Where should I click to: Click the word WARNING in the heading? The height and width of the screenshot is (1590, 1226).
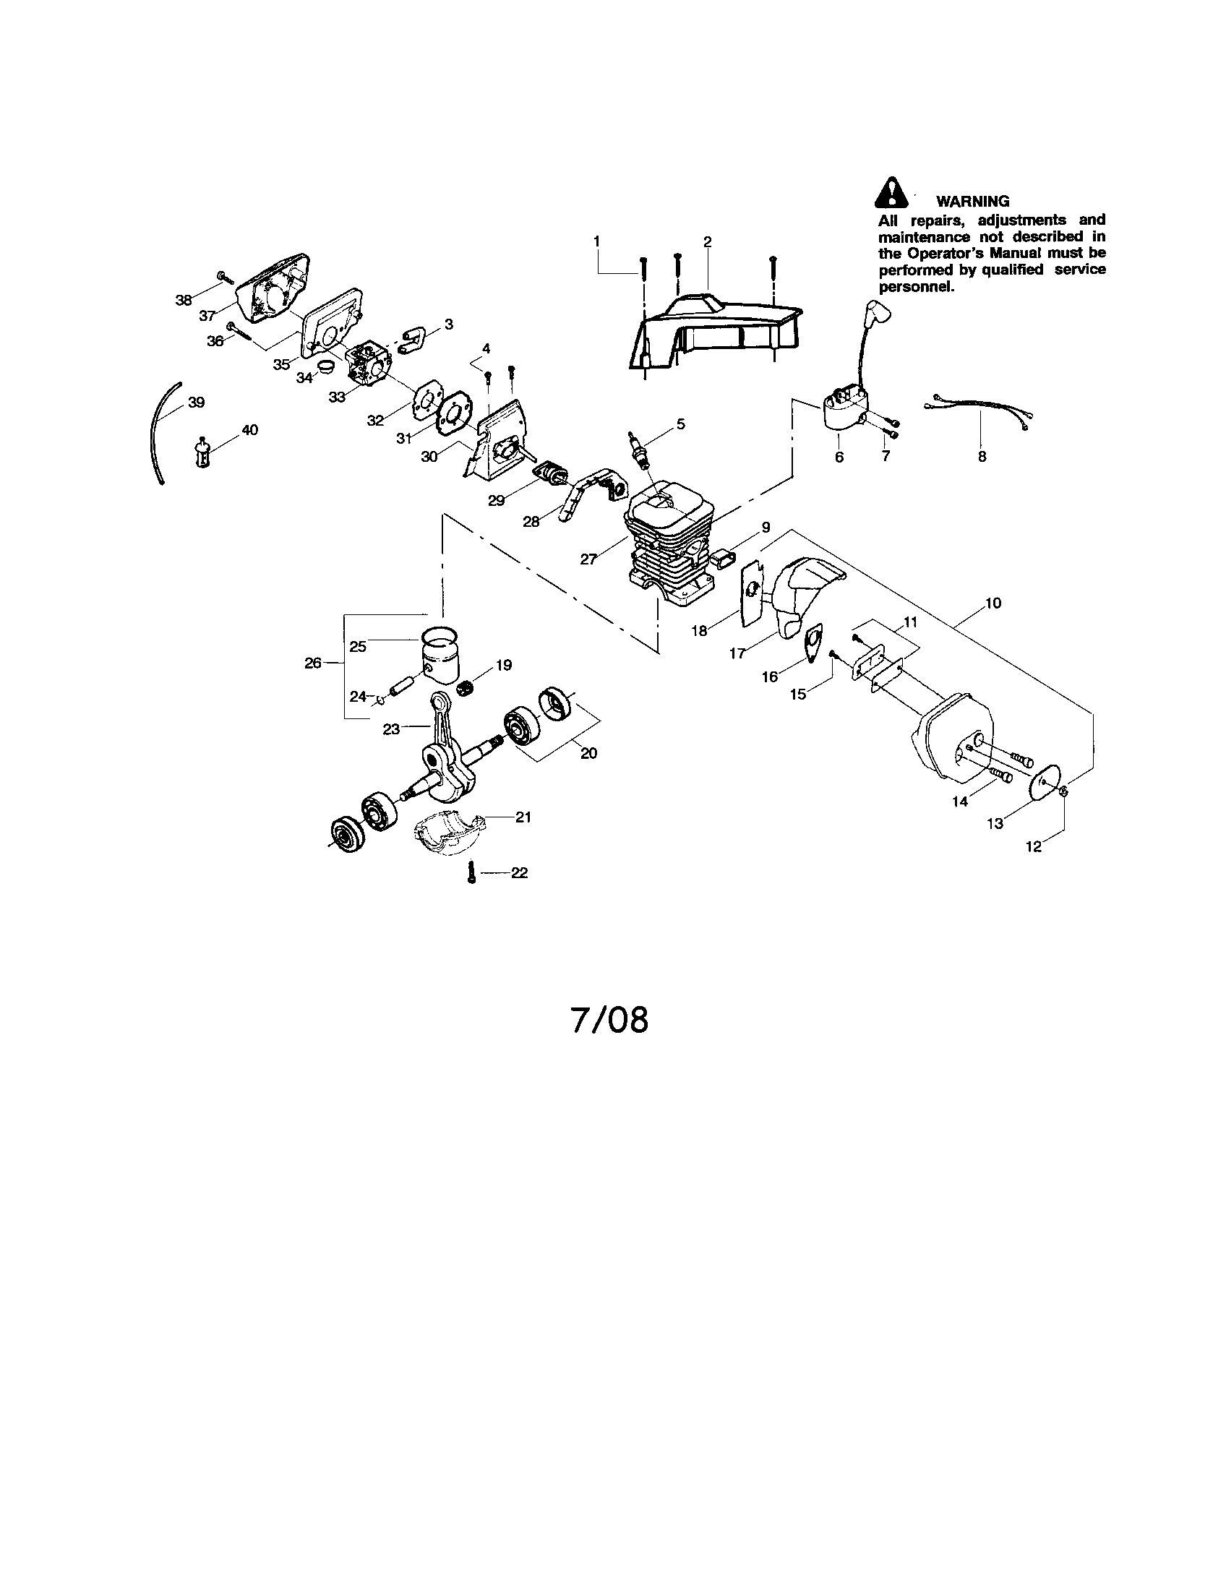point(973,202)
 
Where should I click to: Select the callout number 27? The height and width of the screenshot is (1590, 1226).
point(588,559)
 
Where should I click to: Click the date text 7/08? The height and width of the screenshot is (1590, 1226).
point(609,1020)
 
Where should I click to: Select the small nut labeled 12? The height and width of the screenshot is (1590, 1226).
point(1063,791)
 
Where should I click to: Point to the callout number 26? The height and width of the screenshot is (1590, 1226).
point(312,663)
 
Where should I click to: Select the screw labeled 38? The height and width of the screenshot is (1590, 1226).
point(223,276)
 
